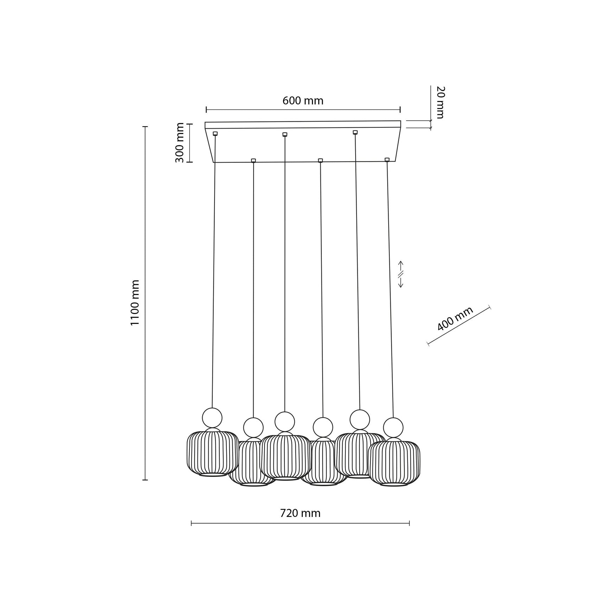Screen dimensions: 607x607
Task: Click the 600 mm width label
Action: (303, 101)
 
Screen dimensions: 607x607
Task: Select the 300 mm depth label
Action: (180, 142)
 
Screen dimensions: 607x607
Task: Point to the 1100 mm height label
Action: (135, 302)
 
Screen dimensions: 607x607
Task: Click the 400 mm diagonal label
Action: (455, 319)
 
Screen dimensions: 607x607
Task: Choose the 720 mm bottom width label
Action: (300, 513)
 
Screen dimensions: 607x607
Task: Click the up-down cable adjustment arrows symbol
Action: (400, 274)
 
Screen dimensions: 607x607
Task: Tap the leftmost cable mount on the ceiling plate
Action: (215, 133)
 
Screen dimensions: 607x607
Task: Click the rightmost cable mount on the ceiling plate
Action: (387, 160)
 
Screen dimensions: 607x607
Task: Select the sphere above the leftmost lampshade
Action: (212, 417)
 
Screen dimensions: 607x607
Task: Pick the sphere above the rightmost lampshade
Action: (393, 427)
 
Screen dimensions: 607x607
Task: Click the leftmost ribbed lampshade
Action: (212, 454)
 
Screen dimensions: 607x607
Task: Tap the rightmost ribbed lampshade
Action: (395, 464)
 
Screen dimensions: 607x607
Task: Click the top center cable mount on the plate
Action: (285, 134)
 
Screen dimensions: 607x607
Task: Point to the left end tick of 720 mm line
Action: (191, 524)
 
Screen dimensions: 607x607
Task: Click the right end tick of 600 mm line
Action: (400, 110)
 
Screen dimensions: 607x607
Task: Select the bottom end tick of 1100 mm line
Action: (145, 480)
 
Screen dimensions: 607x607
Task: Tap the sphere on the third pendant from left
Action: (285, 421)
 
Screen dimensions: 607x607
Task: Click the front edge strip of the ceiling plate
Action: (303, 125)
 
